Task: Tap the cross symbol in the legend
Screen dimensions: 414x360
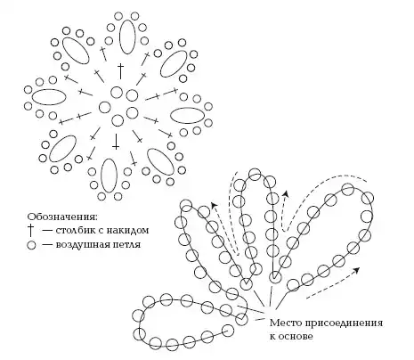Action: coord(31,230)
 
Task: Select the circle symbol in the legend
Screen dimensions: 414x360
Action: coord(31,245)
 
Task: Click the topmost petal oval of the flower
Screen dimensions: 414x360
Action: coord(128,37)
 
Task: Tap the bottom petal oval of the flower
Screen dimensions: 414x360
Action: coord(109,176)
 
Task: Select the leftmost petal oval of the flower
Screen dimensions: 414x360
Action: coord(49,97)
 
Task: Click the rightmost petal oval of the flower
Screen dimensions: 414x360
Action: coord(187,116)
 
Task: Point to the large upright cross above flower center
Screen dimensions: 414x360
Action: coord(120,71)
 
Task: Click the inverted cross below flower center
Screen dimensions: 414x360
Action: coord(116,141)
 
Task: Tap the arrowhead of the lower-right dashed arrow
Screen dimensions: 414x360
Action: coord(357,270)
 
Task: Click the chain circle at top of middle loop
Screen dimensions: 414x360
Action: coord(255,175)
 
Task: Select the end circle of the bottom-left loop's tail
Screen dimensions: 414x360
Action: coord(228,330)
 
